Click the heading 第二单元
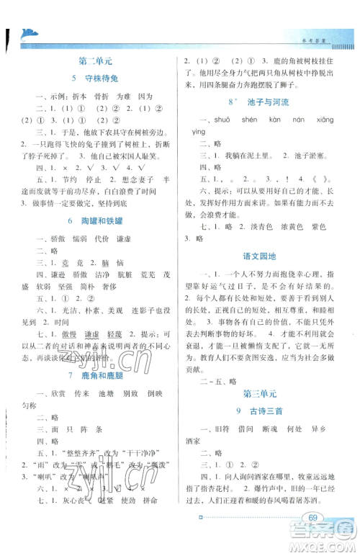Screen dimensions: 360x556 (x=95, y=62)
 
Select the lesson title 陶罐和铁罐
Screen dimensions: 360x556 (x=102, y=219)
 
